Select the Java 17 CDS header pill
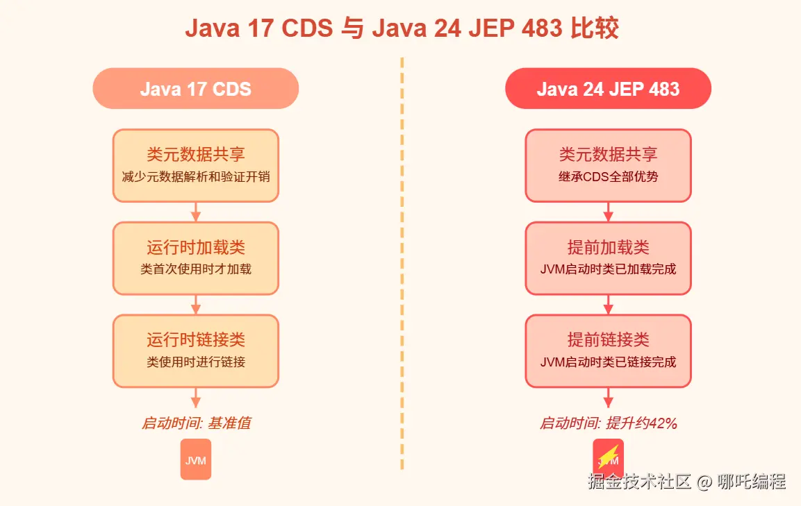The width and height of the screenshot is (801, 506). point(196,89)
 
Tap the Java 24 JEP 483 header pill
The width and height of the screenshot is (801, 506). point(608,89)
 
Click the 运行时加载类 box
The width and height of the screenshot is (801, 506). point(196,258)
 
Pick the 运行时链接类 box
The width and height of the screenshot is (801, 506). point(196,351)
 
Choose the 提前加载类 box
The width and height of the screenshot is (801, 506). point(608,258)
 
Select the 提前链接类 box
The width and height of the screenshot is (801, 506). point(608,351)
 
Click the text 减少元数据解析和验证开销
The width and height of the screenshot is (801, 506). point(196,176)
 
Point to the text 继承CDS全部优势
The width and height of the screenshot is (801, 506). point(608,176)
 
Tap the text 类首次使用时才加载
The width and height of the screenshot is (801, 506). point(196,269)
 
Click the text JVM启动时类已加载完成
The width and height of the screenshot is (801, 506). point(608,269)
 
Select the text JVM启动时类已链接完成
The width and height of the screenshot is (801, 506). point(608,362)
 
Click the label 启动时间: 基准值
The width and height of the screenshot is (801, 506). point(196,423)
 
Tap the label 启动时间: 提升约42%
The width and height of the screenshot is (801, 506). point(608,423)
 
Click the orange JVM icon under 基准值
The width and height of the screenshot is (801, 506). point(196,459)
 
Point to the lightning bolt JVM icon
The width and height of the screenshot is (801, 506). point(608,458)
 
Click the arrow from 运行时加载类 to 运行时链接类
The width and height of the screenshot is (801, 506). point(196,304)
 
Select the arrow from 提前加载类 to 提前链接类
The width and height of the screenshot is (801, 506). point(608,304)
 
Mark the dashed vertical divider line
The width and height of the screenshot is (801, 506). point(402,264)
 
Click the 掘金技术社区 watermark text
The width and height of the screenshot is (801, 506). point(639,481)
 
